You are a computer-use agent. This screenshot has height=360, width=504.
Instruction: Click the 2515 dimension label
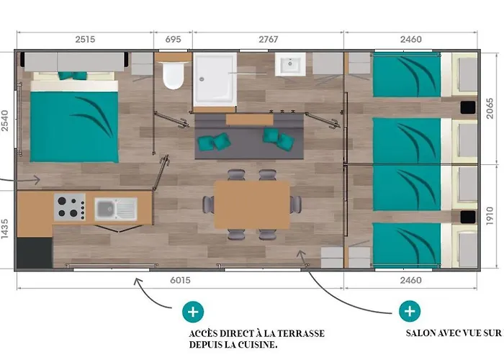click(85, 39)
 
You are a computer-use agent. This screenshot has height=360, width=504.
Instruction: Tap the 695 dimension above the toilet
click(173, 39)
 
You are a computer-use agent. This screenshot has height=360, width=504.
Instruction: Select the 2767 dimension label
click(269, 39)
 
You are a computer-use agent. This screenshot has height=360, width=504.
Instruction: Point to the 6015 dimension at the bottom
click(180, 280)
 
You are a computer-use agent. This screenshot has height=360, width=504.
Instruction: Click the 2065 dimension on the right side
click(489, 109)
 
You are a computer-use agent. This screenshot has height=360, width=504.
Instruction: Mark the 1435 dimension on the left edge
click(4, 229)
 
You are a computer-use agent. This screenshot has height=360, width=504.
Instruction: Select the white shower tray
click(215, 79)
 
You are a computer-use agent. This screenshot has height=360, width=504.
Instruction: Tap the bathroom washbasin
click(290, 64)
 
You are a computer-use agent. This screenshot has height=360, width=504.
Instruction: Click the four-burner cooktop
click(70, 207)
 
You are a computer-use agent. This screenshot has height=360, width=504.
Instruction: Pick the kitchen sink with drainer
click(116, 209)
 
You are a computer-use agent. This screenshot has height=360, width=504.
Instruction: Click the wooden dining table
click(252, 204)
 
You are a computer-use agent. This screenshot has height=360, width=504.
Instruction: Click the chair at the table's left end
click(209, 204)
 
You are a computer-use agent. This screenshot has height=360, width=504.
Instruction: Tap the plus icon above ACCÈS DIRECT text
click(193, 312)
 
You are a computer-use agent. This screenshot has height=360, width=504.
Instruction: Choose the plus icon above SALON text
click(410, 311)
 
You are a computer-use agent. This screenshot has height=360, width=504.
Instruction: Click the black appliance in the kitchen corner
click(35, 253)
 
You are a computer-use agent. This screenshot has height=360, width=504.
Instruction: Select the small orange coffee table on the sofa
click(249, 120)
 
